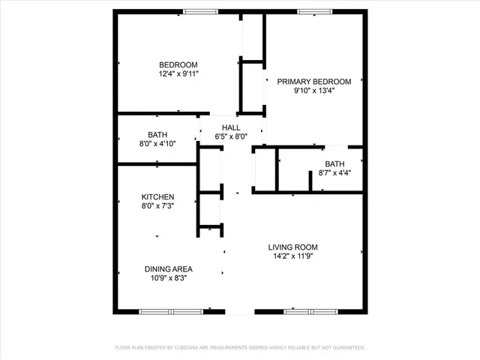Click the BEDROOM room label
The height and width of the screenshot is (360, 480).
click(x=178, y=64)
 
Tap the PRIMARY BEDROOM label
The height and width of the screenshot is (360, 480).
click(x=314, y=82)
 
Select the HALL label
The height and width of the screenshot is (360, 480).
click(x=231, y=127)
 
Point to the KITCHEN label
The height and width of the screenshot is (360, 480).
click(x=157, y=196)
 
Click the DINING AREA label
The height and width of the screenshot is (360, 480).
click(x=169, y=268)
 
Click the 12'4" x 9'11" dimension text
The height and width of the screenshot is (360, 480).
click(x=178, y=73)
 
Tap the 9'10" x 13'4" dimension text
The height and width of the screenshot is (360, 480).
click(x=314, y=91)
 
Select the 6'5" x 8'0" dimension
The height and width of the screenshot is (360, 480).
click(x=231, y=136)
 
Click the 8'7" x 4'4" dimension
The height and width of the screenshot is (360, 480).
click(x=334, y=172)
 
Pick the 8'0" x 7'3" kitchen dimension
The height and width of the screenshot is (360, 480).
click(x=157, y=206)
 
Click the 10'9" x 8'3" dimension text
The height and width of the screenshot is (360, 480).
click(x=169, y=278)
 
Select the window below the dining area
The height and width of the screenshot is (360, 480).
click(x=170, y=311)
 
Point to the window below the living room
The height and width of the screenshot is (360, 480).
click(x=309, y=311)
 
